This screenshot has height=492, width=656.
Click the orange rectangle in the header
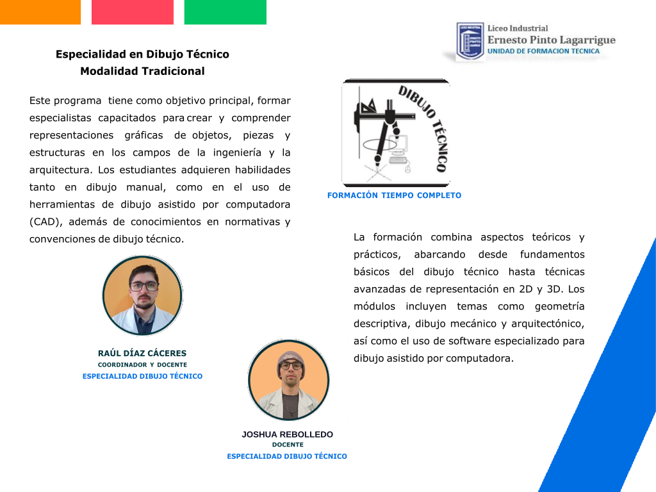(x=40, y=12)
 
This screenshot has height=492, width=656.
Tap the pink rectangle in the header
(x=133, y=12)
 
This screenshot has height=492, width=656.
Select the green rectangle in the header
(x=225, y=12)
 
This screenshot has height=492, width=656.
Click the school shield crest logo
(x=470, y=42)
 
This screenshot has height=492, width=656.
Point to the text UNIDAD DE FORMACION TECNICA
(x=543, y=51)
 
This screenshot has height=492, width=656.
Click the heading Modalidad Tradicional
(x=142, y=71)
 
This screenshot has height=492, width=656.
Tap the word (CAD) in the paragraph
(x=45, y=222)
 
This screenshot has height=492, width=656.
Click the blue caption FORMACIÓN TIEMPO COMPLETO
(x=394, y=195)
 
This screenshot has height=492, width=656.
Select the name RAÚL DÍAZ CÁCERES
(x=142, y=353)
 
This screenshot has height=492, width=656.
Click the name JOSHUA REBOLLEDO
(x=288, y=434)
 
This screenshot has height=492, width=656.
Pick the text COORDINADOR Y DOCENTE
(x=142, y=365)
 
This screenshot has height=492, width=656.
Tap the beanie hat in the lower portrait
(x=291, y=360)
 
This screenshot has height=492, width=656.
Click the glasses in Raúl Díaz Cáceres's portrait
(x=144, y=286)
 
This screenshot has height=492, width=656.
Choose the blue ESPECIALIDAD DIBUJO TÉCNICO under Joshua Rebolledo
(x=287, y=456)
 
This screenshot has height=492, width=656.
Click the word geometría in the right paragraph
(x=560, y=307)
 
